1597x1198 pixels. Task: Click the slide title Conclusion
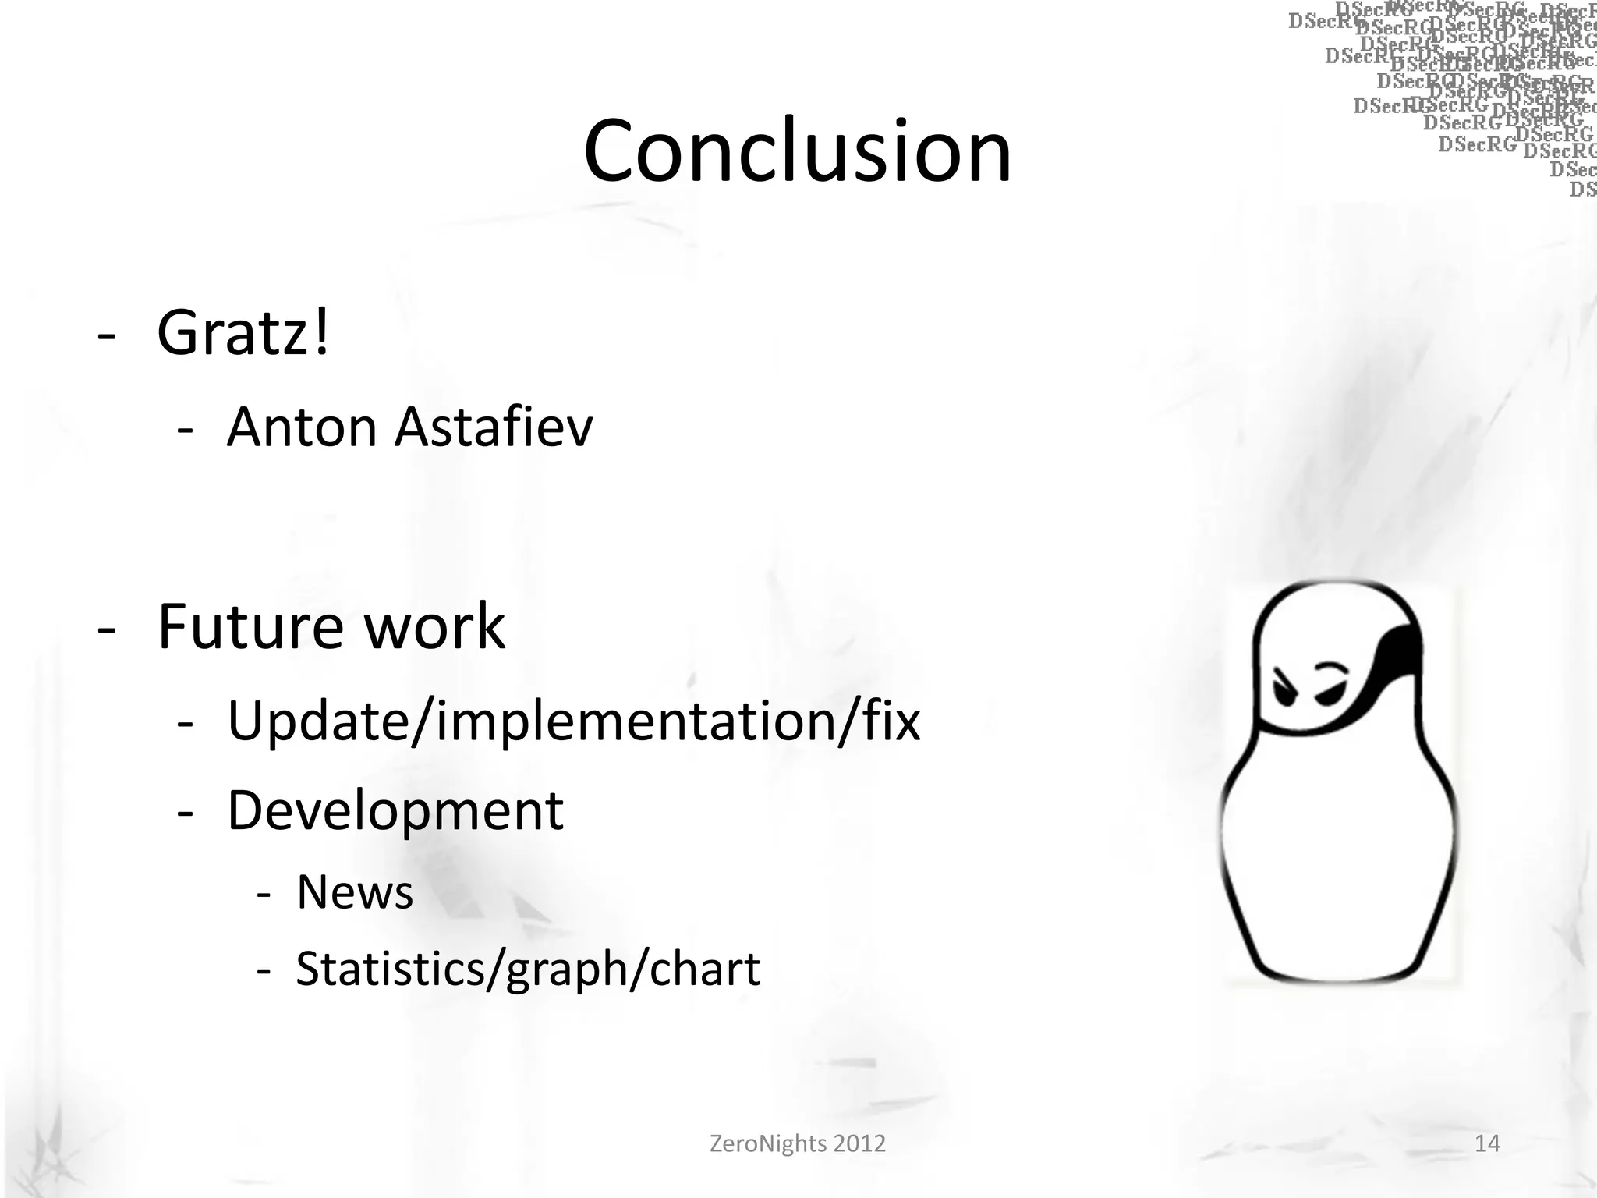pos(797,151)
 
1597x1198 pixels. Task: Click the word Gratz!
pos(243,333)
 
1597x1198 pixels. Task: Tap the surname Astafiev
pos(494,428)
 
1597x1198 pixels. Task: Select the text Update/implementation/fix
pos(573,721)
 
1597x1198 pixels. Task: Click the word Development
pos(395,812)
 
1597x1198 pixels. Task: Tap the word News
pos(355,892)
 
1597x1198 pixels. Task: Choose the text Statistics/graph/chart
pos(528,969)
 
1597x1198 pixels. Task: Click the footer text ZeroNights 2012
pos(797,1143)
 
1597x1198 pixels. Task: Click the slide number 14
pos(1487,1143)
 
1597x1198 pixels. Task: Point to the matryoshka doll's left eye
pos(1283,687)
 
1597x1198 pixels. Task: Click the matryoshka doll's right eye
pos(1330,687)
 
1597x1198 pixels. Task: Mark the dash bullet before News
pos(264,895)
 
